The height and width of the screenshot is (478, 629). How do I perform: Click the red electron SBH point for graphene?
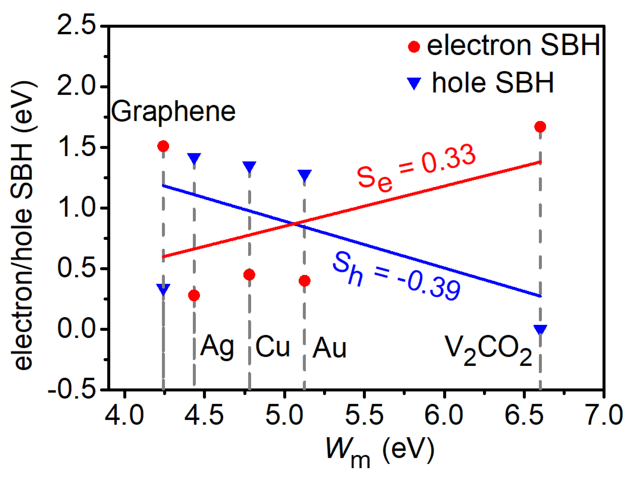(163, 146)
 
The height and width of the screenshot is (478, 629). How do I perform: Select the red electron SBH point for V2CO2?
(540, 127)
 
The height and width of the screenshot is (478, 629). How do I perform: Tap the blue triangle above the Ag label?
(194, 158)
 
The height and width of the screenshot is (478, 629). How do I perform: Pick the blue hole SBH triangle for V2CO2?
(540, 329)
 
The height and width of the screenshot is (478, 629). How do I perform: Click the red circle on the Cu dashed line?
(249, 275)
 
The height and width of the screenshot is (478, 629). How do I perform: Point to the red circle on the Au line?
(304, 281)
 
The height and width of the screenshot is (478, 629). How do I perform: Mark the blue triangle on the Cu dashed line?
(249, 166)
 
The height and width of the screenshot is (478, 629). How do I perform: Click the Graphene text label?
(173, 112)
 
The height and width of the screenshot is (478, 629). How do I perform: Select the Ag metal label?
(217, 347)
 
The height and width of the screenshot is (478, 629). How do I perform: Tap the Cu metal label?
(272, 346)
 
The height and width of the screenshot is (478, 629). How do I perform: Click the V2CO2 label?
(488, 350)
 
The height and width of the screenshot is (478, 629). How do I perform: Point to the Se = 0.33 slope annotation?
(416, 168)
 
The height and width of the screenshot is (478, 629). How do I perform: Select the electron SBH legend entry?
(503, 46)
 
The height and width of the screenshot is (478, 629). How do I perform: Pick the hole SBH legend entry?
(481, 83)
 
